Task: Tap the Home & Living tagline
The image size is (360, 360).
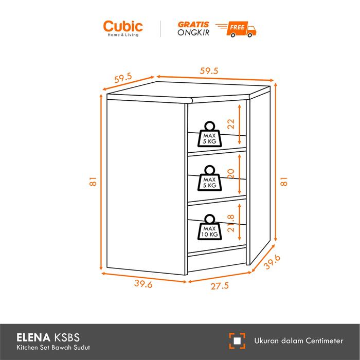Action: pos(123,35)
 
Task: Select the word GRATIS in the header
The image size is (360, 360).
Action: pos(193,24)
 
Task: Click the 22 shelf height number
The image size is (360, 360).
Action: pos(231,123)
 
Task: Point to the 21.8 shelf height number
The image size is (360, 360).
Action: pos(231,224)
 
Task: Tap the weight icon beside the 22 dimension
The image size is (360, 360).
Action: pos(209,135)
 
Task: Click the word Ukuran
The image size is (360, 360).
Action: pos(267,340)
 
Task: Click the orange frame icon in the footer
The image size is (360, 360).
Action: pos(237,340)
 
